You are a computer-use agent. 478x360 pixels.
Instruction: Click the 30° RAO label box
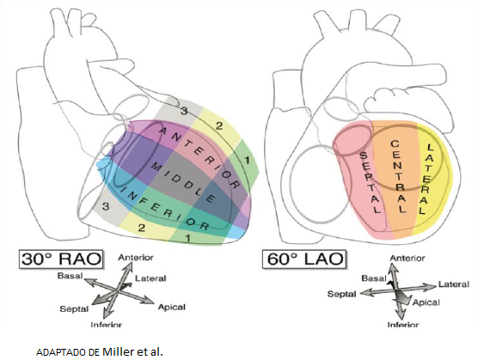coord(61,259)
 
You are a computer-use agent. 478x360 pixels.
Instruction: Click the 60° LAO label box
coord(304,259)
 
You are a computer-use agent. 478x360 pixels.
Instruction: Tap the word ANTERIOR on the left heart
coord(199,157)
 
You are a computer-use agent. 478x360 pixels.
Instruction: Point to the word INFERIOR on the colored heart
coord(165,207)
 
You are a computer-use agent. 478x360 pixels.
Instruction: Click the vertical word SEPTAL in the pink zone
coord(371,182)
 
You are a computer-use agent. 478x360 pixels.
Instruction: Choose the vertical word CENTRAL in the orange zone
coord(399,177)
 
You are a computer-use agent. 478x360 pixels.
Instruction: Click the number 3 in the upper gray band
coord(184,111)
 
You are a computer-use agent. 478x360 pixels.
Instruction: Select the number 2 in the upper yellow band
coord(219,125)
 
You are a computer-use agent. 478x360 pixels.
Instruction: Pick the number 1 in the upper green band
coord(247,160)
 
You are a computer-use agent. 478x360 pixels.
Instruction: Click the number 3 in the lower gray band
coord(106,207)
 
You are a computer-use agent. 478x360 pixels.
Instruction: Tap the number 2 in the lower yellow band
coord(141,228)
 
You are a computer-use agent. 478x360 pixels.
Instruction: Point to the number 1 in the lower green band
coord(188,238)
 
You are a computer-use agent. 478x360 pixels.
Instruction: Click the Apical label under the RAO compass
coord(172,308)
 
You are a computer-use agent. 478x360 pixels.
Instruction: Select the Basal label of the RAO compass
coord(70,276)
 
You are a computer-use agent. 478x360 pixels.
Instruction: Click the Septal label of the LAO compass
coord(341,294)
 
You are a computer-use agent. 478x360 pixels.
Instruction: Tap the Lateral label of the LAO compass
coord(454,284)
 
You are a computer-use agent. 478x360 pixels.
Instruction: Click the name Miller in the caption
coord(119,351)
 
